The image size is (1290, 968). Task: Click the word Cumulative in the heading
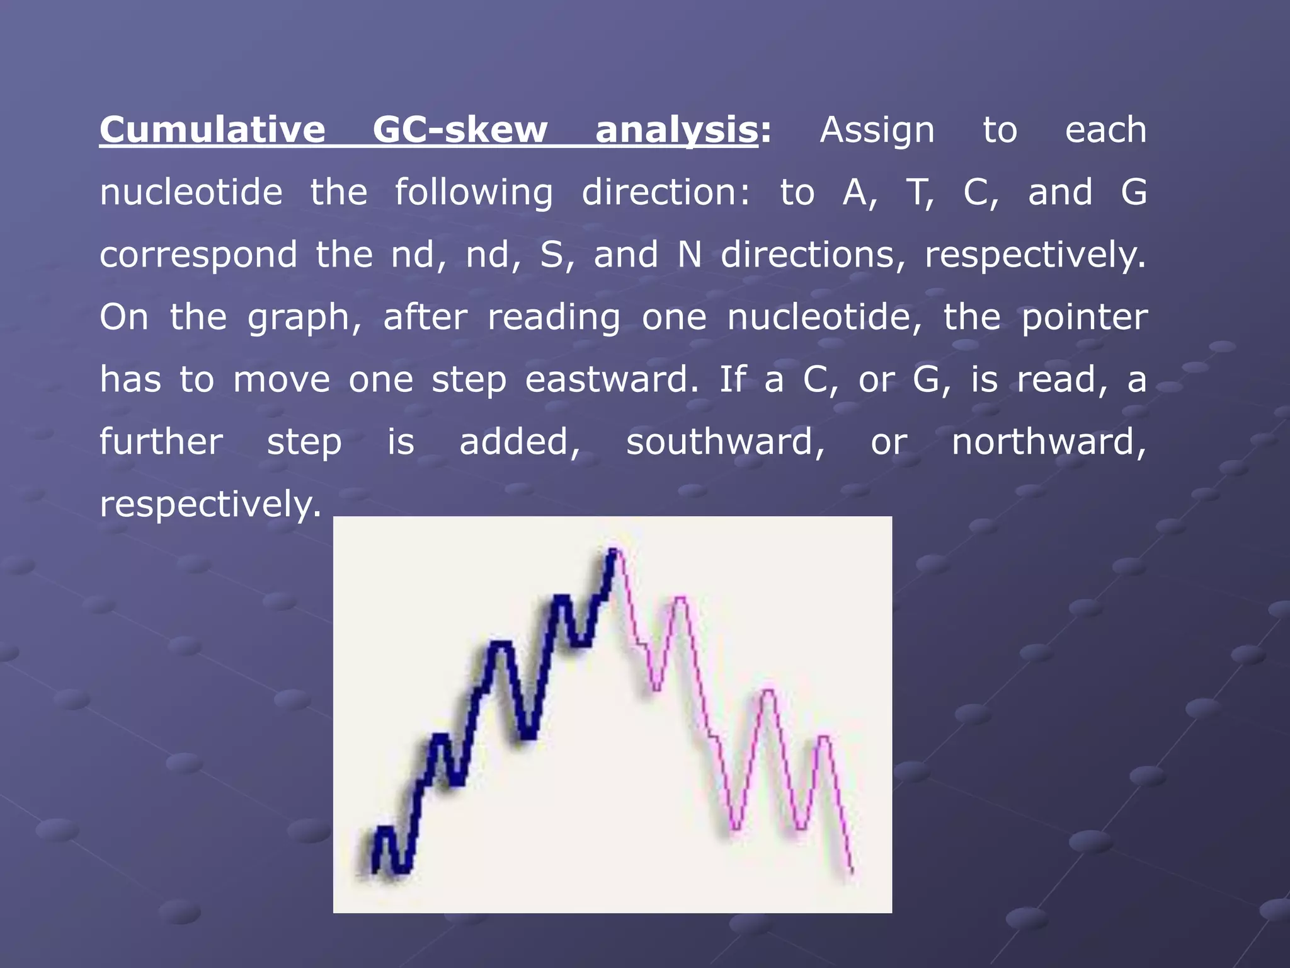tap(212, 130)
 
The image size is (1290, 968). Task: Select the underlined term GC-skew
tap(460, 130)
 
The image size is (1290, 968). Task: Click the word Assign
tap(877, 130)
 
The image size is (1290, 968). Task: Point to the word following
tap(474, 192)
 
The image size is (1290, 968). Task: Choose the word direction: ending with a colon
tap(666, 192)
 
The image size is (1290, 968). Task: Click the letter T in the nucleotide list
tap(918, 192)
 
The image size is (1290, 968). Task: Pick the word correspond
tap(198, 255)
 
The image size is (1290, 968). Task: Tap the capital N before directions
tap(690, 255)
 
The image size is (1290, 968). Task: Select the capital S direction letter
tap(552, 255)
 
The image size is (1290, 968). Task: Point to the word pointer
tap(1084, 317)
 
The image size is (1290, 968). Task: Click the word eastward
tap(607, 379)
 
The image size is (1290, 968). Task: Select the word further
tap(161, 442)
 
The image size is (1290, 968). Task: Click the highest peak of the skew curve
tap(613, 551)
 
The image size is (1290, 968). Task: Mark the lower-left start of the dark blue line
tap(375, 871)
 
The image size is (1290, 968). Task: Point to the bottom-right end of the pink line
tap(852, 872)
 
